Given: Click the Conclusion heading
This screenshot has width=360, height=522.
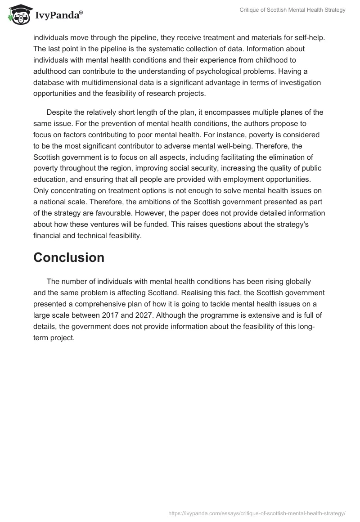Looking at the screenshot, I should [x=69, y=257].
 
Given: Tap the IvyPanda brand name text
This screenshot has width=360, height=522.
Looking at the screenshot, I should [x=58, y=16].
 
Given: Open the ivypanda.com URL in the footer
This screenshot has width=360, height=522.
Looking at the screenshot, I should [x=256, y=513].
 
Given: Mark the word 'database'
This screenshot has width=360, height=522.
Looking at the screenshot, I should [x=49, y=82].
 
